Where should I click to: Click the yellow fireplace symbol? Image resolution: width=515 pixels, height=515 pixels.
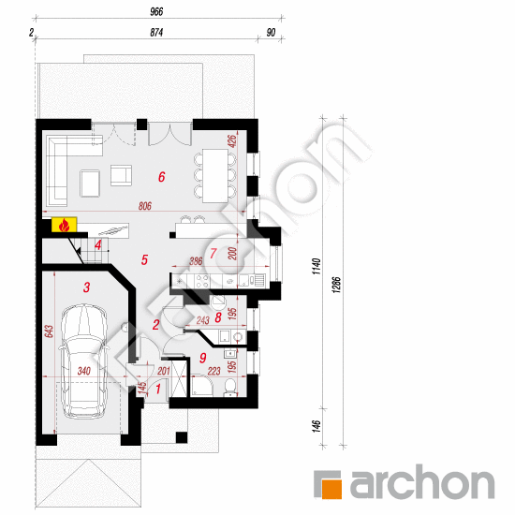[64, 225]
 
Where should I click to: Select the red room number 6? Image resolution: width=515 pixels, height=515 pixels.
[162, 177]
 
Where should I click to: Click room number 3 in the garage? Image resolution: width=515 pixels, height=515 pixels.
[86, 287]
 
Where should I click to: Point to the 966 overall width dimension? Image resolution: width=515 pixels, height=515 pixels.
[156, 12]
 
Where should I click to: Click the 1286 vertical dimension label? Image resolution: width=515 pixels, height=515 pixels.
[336, 285]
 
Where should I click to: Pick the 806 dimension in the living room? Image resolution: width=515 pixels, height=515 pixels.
[145, 206]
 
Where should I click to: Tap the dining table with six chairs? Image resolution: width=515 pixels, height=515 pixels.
[215, 176]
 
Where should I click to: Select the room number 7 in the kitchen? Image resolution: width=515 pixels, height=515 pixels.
[213, 253]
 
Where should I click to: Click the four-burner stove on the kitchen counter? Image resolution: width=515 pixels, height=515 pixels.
[202, 282]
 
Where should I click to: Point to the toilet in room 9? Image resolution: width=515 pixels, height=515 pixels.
[230, 387]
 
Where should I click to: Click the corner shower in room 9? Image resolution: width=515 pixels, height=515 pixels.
[201, 386]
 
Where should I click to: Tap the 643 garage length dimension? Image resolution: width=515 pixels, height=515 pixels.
[49, 331]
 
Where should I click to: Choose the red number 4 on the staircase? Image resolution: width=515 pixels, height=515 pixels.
[98, 245]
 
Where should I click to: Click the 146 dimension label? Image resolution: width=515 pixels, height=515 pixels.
[316, 426]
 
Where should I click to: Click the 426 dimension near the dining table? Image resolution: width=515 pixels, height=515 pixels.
[232, 140]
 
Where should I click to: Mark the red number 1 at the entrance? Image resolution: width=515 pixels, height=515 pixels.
[158, 390]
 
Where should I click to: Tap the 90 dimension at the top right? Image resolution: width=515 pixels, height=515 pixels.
[271, 33]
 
